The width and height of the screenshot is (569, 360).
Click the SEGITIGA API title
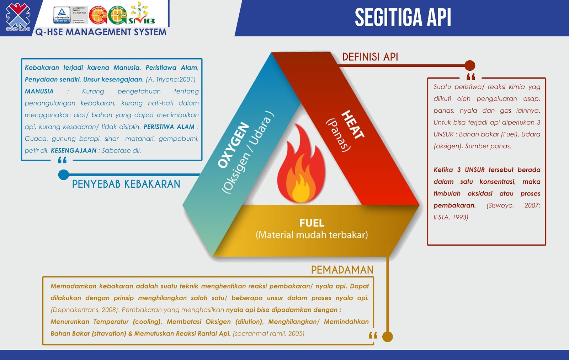click(x=403, y=17)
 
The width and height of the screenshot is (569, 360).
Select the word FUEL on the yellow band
click(x=312, y=223)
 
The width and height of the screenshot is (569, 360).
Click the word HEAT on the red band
click(x=352, y=124)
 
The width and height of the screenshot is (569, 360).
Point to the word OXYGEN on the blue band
click(x=234, y=145)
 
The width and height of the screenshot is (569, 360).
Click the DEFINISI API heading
click(x=370, y=57)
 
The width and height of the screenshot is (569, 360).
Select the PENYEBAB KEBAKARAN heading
click(x=126, y=184)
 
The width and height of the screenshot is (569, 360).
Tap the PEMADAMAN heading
click(x=342, y=270)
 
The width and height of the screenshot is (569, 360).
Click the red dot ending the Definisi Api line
click(x=470, y=65)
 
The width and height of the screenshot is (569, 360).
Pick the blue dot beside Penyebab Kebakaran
click(x=63, y=174)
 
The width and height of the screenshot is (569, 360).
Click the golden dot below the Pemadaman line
click(x=387, y=337)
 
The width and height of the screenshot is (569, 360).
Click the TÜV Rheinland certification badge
click(x=62, y=15)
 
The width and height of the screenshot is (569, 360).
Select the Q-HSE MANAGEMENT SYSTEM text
click(x=101, y=32)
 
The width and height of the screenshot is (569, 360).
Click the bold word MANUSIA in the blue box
click(x=39, y=91)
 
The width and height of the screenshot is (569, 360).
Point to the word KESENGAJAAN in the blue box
click(x=74, y=150)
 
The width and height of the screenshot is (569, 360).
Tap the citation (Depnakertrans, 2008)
click(x=84, y=310)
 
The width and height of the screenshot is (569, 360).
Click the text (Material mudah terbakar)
click(x=312, y=235)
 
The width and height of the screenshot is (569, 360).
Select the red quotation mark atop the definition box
click(x=470, y=77)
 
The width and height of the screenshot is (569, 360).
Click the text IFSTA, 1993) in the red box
click(x=451, y=217)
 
